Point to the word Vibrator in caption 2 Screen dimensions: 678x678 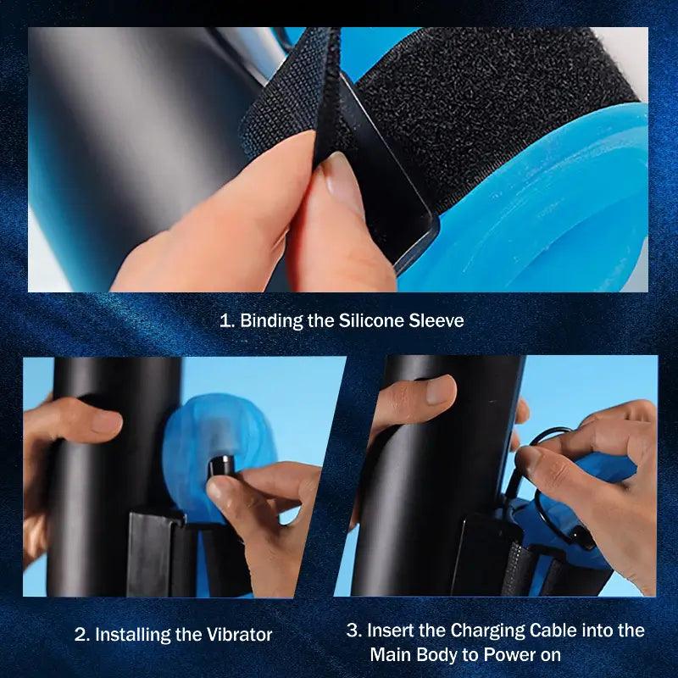click(239, 634)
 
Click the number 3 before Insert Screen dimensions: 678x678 click(353, 631)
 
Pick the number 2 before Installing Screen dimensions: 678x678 click(81, 635)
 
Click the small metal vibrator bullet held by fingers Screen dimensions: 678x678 click(221, 466)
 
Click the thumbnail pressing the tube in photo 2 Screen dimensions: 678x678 click(105, 420)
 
